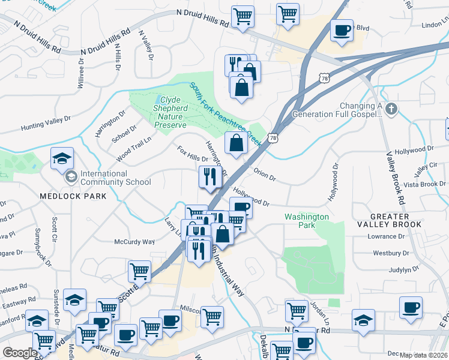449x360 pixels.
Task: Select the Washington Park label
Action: [x=307, y=221]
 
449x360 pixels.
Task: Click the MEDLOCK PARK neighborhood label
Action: [x=73, y=196]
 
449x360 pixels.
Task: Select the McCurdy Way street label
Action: [x=134, y=242]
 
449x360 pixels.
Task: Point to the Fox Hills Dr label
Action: [x=191, y=154]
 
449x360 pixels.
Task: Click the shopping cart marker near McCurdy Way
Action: [x=139, y=271]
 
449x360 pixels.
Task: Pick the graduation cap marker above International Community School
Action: [x=62, y=158]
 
